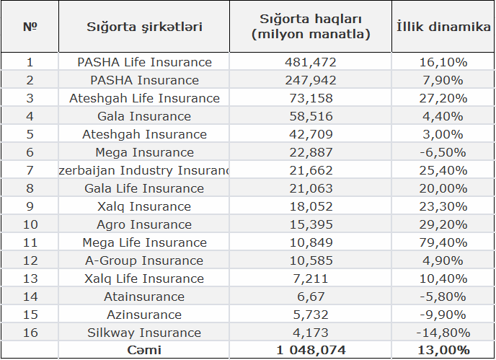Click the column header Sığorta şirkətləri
point(144,27)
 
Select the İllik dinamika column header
point(443,27)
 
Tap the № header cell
point(30,27)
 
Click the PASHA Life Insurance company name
point(144,62)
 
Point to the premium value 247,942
point(311,80)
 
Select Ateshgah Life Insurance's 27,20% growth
point(443,98)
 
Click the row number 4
point(30,116)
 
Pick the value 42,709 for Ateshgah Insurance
point(311,134)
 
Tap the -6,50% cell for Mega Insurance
point(443,152)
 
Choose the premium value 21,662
point(311,170)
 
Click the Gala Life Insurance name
point(144,188)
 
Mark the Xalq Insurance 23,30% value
point(443,206)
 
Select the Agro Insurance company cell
point(144,224)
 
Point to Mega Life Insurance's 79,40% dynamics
point(443,242)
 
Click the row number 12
point(30,260)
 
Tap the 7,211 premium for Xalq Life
point(311,278)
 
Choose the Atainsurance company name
point(144,297)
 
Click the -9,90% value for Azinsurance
point(443,315)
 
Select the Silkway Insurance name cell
point(144,333)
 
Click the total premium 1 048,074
point(311,350)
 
